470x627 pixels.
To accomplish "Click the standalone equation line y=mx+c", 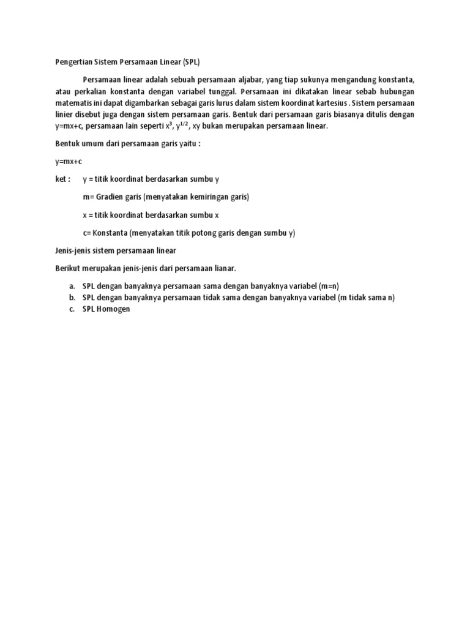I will [x=66, y=161].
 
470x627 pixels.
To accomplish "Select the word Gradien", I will [x=111, y=197].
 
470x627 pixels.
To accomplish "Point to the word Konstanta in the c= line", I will [x=110, y=233].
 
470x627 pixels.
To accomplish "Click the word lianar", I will [x=222, y=268].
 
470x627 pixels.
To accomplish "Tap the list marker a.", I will [x=72, y=287].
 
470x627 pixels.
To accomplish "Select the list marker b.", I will [x=72, y=298].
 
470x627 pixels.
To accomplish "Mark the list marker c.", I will [x=72, y=309].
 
